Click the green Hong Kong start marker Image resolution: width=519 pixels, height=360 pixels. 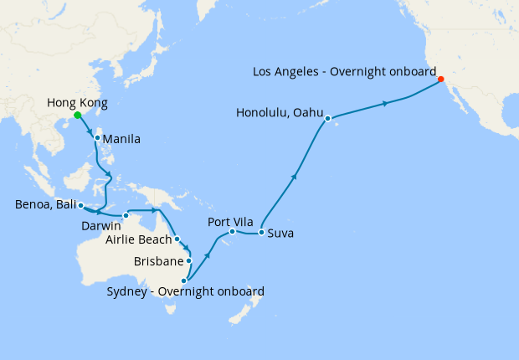point(77,116)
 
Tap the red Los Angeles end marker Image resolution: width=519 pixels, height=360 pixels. point(441,80)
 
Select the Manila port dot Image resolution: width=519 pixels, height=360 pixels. point(98,138)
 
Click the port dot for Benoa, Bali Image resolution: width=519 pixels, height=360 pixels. point(80,205)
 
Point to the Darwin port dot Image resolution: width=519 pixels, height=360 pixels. point(126,216)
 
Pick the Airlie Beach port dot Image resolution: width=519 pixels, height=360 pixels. point(177,239)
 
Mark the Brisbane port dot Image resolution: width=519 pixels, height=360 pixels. point(189,260)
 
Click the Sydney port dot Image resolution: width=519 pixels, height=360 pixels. point(184,281)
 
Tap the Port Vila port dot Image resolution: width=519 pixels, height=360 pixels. point(232,231)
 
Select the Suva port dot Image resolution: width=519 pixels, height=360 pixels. point(261,232)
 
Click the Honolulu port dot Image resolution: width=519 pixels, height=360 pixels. point(328,118)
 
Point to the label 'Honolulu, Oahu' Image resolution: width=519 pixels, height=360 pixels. point(280,112)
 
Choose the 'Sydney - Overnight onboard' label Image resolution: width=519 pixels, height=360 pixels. point(186,292)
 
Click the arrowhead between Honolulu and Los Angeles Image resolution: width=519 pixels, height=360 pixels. point(385,104)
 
